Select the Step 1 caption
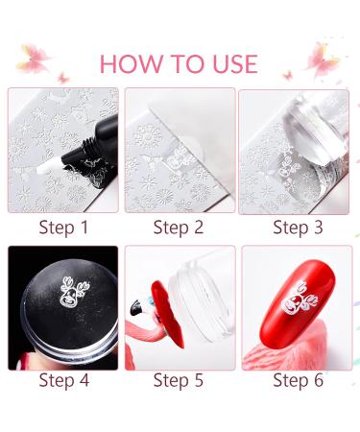[x=63, y=228]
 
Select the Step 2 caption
[x=179, y=228]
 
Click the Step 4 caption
[x=63, y=380]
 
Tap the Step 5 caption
[x=179, y=380]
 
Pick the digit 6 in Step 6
[x=325, y=380]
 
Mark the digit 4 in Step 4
[x=87, y=380]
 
